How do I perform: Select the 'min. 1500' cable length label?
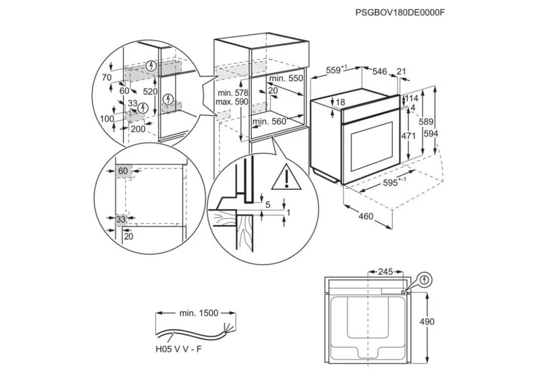tap(198, 313)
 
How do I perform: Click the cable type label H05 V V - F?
tap(178, 349)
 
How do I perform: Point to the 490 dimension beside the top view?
tap(427, 322)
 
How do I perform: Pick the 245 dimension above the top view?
tap(385, 272)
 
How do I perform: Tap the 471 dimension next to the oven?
tap(408, 136)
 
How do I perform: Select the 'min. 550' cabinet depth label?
tap(286, 78)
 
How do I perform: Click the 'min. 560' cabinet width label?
tap(269, 122)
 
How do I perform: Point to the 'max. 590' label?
tap(231, 102)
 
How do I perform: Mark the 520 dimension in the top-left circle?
tap(150, 91)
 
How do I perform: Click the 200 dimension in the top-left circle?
tap(138, 128)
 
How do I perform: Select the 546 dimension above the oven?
tap(380, 72)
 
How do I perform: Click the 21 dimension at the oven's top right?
tap(401, 72)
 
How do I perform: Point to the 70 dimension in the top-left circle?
tap(106, 77)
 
